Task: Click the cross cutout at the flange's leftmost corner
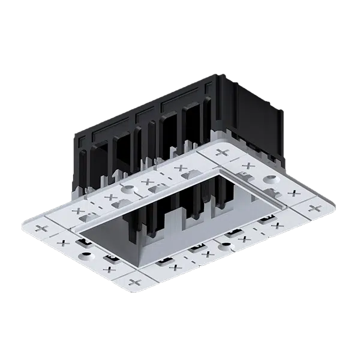tap(41, 229)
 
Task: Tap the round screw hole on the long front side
tap(225, 245)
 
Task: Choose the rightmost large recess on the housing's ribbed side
tap(191, 126)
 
